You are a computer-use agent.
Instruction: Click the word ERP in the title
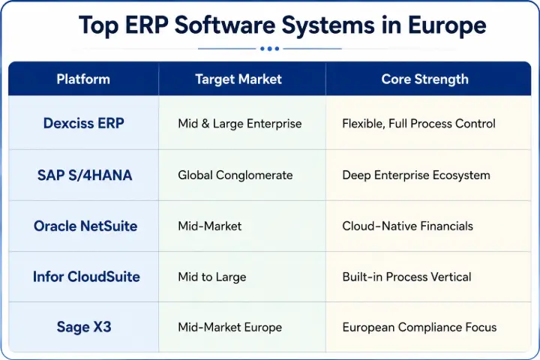pyautogui.click(x=147, y=25)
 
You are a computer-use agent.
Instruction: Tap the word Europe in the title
pyautogui.click(x=447, y=25)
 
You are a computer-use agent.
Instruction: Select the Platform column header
pyautogui.click(x=83, y=79)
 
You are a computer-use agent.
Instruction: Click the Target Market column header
pyautogui.click(x=238, y=79)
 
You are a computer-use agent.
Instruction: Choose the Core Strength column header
pyautogui.click(x=425, y=79)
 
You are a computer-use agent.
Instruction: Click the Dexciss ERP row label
pyautogui.click(x=84, y=123)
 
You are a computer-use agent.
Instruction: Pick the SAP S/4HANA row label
pyautogui.click(x=85, y=175)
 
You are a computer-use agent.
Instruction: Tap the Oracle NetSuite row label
pyautogui.click(x=85, y=226)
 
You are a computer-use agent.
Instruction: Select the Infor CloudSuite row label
pyautogui.click(x=86, y=277)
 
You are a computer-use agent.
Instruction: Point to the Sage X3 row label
pyautogui.click(x=84, y=327)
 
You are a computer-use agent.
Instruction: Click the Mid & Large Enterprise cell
pyautogui.click(x=240, y=124)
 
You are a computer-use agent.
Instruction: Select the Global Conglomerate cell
pyautogui.click(x=235, y=175)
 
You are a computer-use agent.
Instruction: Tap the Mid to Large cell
pyautogui.click(x=212, y=277)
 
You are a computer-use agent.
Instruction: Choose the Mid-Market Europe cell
pyautogui.click(x=229, y=327)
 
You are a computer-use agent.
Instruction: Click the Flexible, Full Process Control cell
pyautogui.click(x=418, y=124)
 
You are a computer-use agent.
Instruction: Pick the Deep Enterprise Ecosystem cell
pyautogui.click(x=416, y=175)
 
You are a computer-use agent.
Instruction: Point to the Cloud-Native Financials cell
pyautogui.click(x=407, y=226)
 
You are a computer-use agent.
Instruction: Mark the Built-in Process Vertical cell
pyautogui.click(x=406, y=277)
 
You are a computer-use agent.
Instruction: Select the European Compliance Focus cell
pyautogui.click(x=419, y=327)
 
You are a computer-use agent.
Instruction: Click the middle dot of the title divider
pyautogui.click(x=270, y=49)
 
